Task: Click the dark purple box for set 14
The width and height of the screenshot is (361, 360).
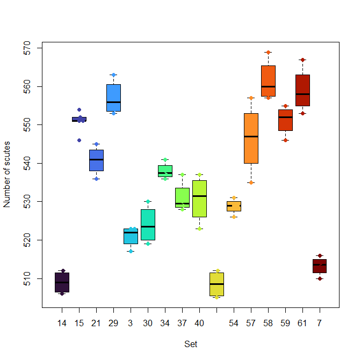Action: (62, 282)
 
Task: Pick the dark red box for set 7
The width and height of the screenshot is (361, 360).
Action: (320, 266)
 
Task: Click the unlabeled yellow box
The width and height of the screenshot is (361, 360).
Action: (217, 284)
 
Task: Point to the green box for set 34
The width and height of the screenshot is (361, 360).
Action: (165, 171)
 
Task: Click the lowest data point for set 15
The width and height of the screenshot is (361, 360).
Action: (79, 140)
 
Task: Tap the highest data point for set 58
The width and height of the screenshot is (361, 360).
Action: (268, 52)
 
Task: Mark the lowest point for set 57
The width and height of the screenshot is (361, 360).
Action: (251, 182)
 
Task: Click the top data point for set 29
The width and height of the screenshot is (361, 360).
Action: (113, 75)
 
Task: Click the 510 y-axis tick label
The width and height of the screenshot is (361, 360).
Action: (32, 278)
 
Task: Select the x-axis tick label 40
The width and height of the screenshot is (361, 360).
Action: (199, 324)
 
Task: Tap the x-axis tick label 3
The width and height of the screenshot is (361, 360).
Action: (131, 324)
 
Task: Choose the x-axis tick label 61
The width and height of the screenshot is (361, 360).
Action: (302, 324)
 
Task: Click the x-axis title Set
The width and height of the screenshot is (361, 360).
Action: (191, 344)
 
